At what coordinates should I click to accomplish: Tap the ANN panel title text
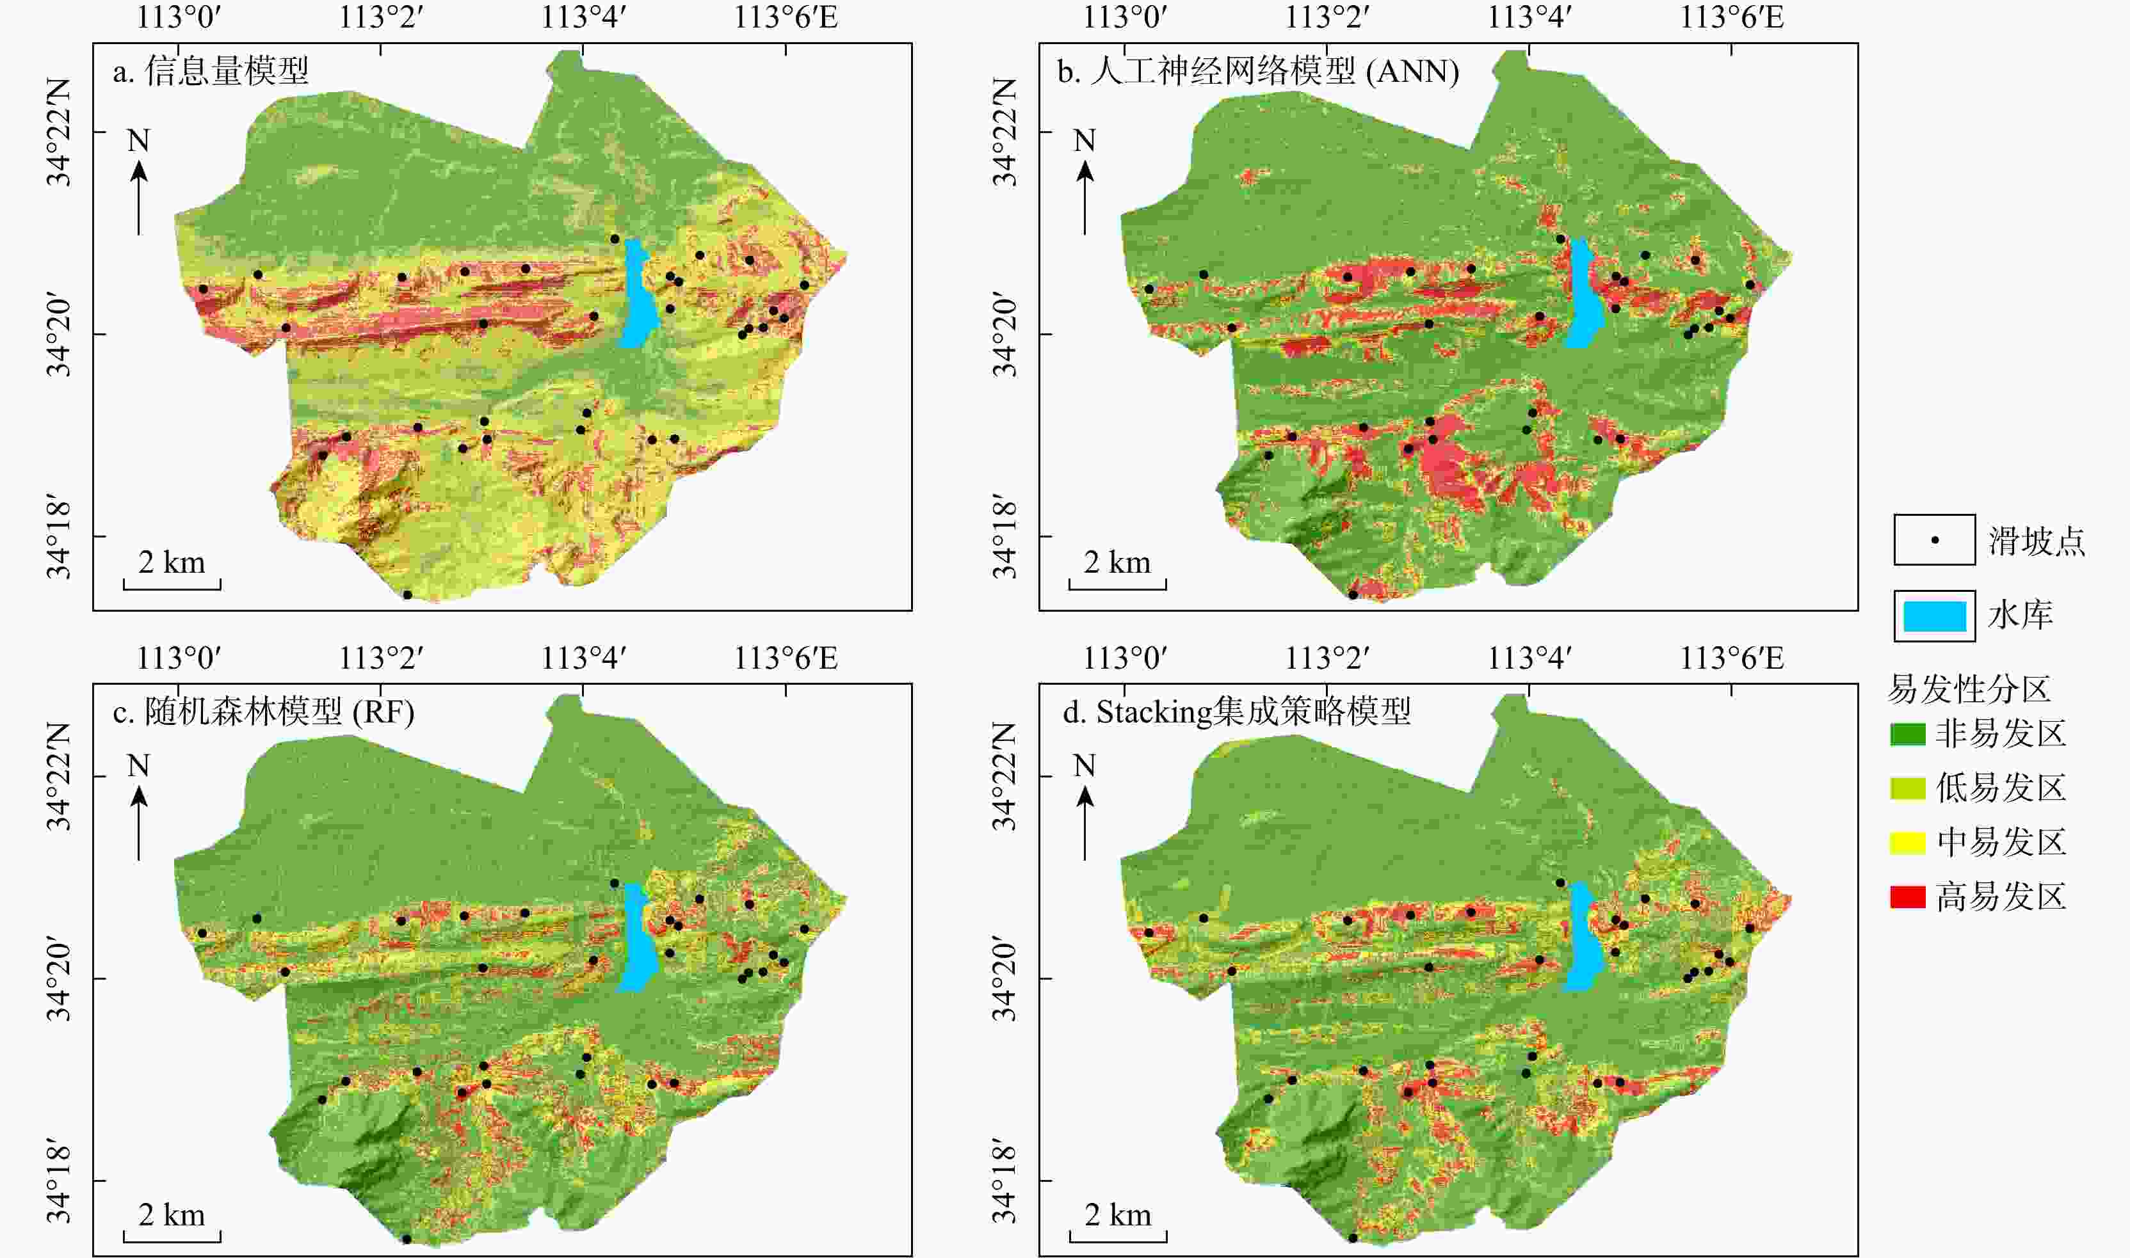1258,71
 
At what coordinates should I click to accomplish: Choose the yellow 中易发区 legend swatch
1908,843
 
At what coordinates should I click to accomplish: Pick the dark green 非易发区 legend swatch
1908,734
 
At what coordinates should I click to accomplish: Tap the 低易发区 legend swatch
1908,788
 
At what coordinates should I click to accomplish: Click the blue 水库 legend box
1935,616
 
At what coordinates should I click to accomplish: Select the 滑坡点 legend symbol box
1935,540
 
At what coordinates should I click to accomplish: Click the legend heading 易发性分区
1969,689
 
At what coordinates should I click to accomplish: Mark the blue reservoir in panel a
640,293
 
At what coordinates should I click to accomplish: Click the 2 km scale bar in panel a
172,584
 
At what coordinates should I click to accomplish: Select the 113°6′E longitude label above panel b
1732,17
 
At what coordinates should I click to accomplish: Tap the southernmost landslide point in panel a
407,595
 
